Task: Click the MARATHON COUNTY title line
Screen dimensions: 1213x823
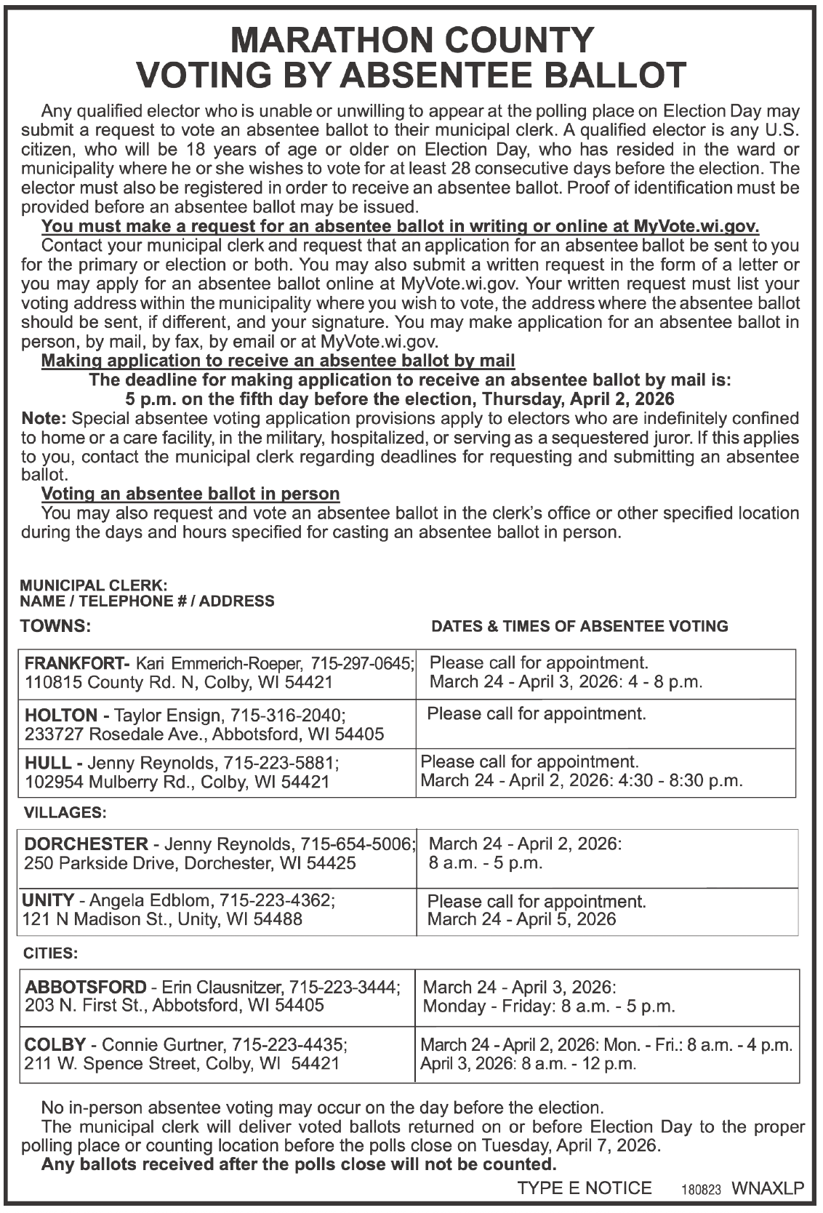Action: pyautogui.click(x=411, y=40)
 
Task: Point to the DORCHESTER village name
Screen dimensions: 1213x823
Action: pyautogui.click(x=86, y=844)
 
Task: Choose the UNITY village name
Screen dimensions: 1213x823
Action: pyautogui.click(x=49, y=900)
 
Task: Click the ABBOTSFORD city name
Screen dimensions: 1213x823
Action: pyautogui.click(x=86, y=987)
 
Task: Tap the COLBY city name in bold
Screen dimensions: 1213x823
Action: pyautogui.click(x=55, y=1045)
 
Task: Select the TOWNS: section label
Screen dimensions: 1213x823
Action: pyautogui.click(x=55, y=625)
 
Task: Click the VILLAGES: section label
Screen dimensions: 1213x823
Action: pyautogui.click(x=65, y=811)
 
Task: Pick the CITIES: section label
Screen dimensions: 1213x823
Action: pyautogui.click(x=51, y=952)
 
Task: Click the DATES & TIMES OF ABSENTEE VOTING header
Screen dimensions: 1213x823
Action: pyautogui.click(x=579, y=626)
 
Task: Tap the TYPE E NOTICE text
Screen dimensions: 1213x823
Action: pyautogui.click(x=585, y=1188)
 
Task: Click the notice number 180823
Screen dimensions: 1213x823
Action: pyautogui.click(x=701, y=1190)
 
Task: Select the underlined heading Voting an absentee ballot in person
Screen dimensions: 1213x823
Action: pyautogui.click(x=190, y=494)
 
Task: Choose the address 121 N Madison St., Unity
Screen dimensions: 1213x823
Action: pyautogui.click(x=122, y=919)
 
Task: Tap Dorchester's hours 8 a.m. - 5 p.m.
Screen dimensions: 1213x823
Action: pyautogui.click(x=486, y=863)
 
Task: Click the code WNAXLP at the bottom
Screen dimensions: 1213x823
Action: pyautogui.click(x=768, y=1188)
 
